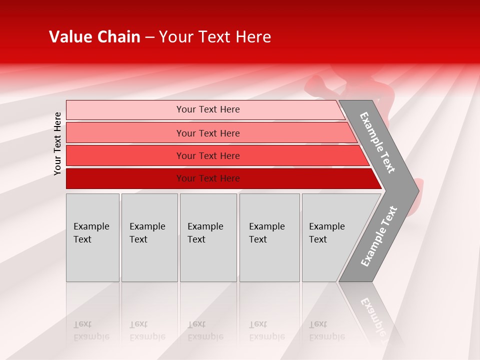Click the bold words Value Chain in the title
tap(94, 37)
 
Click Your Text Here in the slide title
tap(215, 37)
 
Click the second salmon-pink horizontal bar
tap(125, 133)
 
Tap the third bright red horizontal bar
tap(125, 155)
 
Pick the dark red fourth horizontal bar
tap(125, 178)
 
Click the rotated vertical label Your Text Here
tap(58, 143)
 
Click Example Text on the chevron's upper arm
tap(377, 142)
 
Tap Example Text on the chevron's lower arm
tap(378, 236)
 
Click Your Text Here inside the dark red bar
tap(208, 178)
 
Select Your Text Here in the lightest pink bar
tap(208, 109)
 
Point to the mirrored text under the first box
tap(91, 330)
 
